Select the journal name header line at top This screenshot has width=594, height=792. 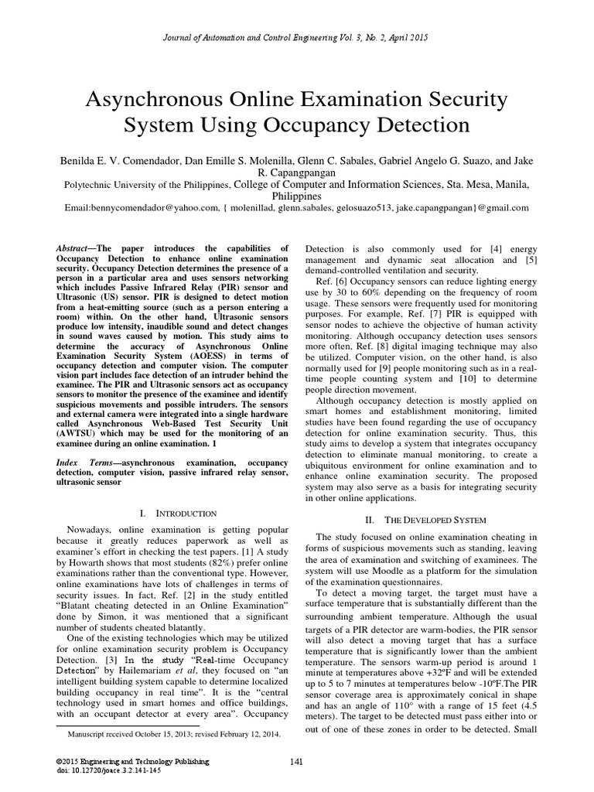click(297, 36)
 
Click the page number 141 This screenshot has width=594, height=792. click(296, 763)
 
